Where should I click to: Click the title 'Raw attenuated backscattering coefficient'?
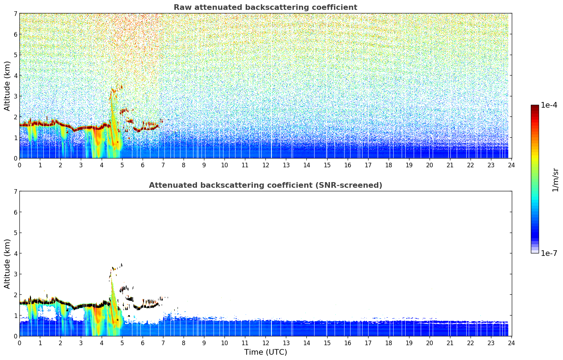265,7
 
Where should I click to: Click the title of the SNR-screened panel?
265,185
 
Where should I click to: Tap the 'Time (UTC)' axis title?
265,352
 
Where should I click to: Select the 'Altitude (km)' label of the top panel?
7,86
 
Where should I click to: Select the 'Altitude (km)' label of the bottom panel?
7,264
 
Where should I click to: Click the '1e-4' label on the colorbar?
549,105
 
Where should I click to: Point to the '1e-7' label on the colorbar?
549,253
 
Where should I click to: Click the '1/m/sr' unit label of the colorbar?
555,180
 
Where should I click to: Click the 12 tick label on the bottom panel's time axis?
266,343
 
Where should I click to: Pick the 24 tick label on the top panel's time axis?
511,165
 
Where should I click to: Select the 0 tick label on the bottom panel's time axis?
20,343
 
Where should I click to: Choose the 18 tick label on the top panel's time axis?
389,165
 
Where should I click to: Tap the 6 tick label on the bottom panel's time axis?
143,343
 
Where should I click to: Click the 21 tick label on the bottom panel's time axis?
450,343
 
